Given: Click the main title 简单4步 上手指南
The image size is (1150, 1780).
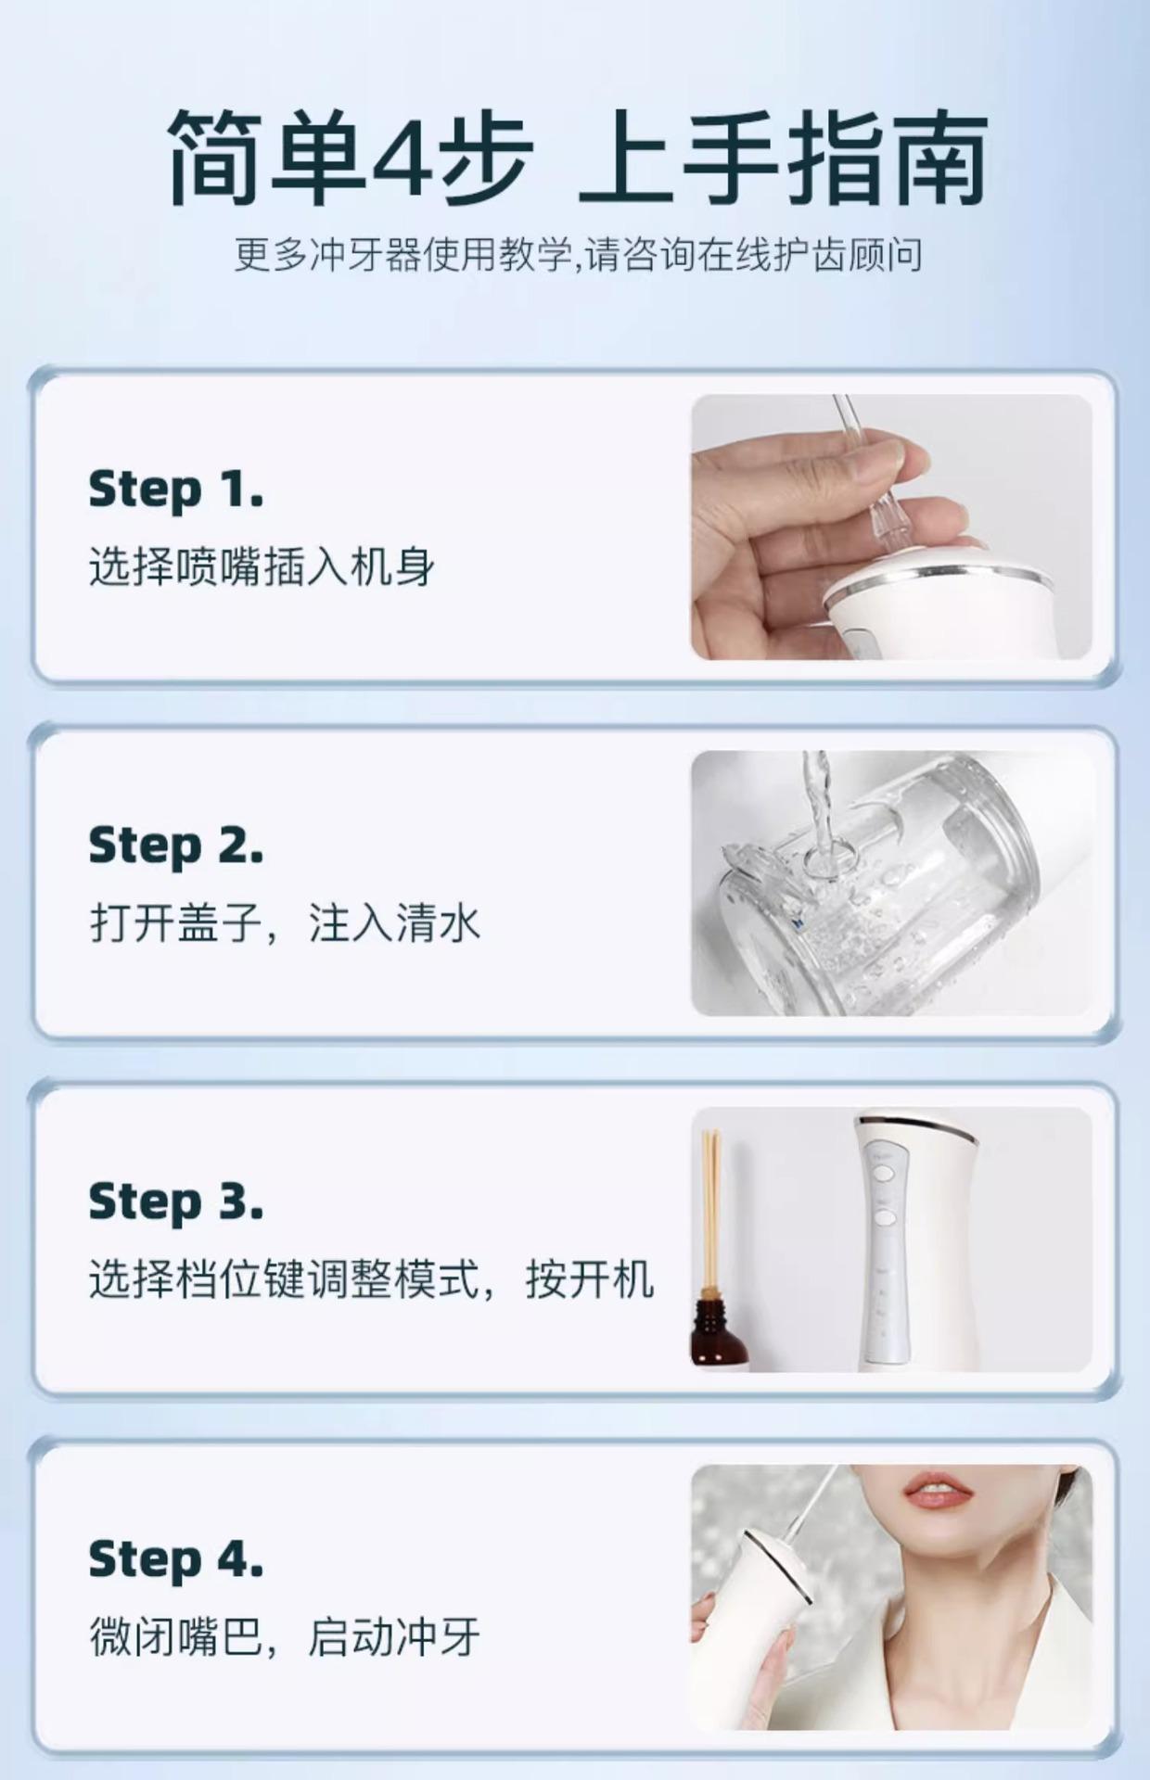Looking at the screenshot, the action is (577, 157).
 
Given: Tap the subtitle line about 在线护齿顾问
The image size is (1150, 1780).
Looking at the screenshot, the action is (577, 255).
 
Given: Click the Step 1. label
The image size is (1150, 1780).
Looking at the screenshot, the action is (175, 490).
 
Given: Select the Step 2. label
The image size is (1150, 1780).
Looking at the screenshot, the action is (175, 846).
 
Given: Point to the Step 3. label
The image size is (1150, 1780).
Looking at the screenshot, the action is (175, 1202).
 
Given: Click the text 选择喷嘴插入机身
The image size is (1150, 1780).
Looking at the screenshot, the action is (262, 566).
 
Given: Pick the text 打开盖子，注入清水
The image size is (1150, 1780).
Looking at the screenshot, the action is (284, 923).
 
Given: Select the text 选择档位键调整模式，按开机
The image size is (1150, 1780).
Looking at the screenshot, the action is (371, 1279).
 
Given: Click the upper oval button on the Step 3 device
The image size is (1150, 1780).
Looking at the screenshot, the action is (881, 1174).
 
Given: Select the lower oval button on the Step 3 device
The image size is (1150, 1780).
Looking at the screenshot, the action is (884, 1216).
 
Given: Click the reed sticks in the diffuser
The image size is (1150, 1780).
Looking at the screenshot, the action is (712, 1205).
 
